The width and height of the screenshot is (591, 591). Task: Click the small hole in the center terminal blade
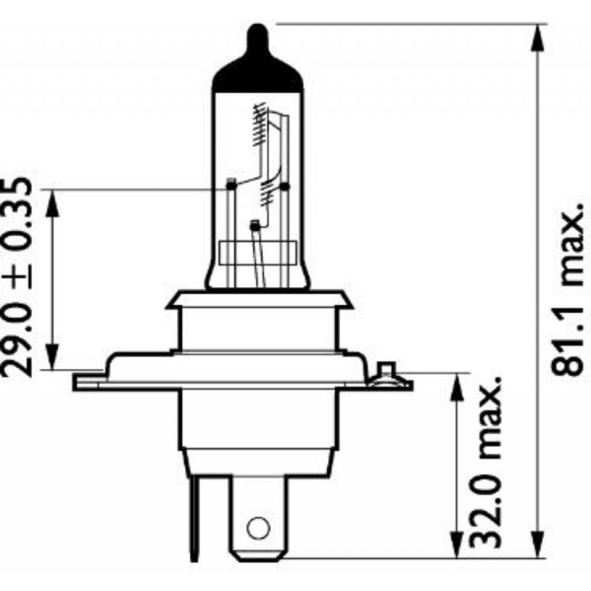coord(257,527)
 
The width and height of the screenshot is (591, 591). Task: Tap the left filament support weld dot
coord(231,185)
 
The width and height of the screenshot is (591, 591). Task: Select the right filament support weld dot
coord(284,186)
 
